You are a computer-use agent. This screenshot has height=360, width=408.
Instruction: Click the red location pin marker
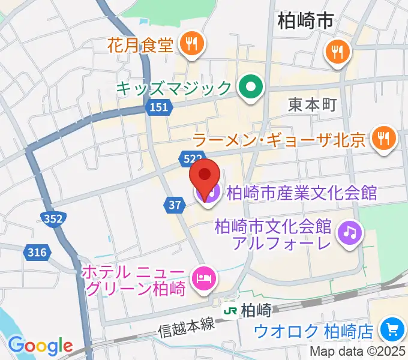pyautogui.click(x=205, y=175)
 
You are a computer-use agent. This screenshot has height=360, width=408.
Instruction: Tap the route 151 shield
pyautogui.click(x=158, y=107)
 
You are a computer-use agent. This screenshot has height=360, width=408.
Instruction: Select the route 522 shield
pyautogui.click(x=190, y=158)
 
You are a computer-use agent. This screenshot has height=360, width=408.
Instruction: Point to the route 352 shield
pyautogui.click(x=54, y=220)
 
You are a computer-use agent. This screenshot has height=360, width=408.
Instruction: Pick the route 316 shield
pyautogui.click(x=37, y=253)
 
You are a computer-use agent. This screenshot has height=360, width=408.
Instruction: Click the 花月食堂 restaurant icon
pyautogui.click(x=192, y=43)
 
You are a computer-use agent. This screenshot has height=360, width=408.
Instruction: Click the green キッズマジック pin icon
pyautogui.click(x=250, y=88)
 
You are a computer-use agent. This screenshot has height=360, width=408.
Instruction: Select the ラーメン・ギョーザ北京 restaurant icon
pyautogui.click(x=382, y=139)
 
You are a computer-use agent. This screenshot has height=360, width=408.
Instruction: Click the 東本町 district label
pyautogui.click(x=312, y=104)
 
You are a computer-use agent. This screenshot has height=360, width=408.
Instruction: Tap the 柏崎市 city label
pyautogui.click(x=305, y=23)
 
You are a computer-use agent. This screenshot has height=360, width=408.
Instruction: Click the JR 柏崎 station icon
pyautogui.click(x=230, y=311)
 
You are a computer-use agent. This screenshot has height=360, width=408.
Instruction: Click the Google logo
pyautogui.click(x=40, y=346)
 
